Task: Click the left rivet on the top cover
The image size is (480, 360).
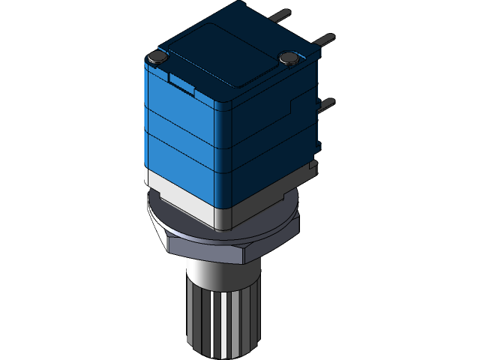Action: coord(157,56)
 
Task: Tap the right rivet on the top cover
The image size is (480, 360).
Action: coord(289,57)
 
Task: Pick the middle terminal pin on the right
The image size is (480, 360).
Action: coord(325,38)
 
